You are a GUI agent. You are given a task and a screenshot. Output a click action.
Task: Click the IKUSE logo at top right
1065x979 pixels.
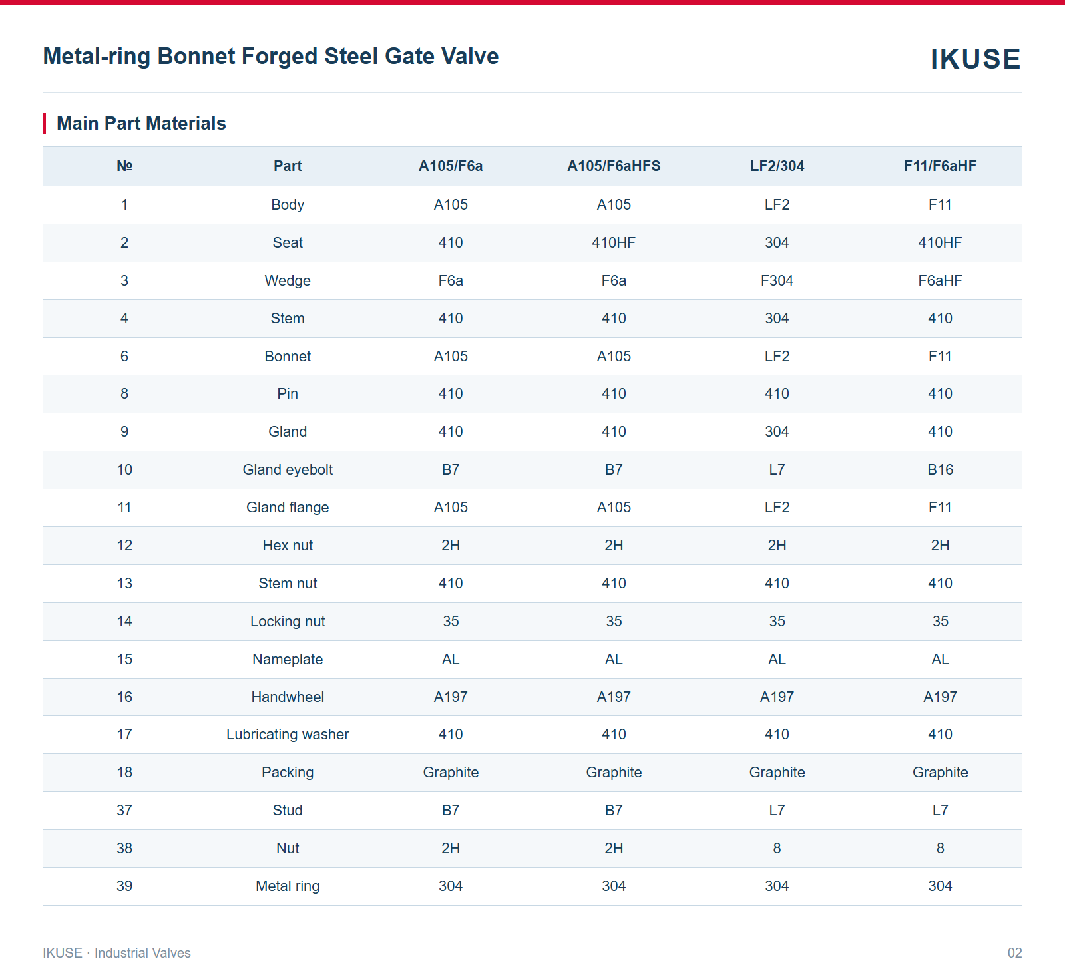(975, 59)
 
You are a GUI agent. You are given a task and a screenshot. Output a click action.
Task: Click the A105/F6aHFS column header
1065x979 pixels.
(614, 166)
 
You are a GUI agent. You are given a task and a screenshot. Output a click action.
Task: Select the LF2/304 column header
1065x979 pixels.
(777, 166)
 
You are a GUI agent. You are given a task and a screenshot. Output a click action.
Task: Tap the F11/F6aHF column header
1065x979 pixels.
(940, 166)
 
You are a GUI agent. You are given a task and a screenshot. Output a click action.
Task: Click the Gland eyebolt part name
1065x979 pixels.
(288, 470)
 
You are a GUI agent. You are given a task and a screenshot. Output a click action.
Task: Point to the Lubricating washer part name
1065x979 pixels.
(288, 735)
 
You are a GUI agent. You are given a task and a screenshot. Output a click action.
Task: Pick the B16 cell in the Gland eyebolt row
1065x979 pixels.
(940, 470)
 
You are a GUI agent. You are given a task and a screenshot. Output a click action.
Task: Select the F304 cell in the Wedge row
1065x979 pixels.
(777, 281)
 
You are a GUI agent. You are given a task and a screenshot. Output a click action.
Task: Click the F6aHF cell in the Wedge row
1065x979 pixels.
(940, 281)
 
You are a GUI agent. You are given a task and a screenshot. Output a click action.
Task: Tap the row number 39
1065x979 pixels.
(124, 886)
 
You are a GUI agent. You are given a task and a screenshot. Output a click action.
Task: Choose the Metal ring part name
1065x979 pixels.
(288, 886)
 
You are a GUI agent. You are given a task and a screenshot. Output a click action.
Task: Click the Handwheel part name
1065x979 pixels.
(288, 697)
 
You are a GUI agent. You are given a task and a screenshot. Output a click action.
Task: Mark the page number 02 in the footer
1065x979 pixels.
(1014, 953)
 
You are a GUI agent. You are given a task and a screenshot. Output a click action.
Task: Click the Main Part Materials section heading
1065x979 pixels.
(141, 124)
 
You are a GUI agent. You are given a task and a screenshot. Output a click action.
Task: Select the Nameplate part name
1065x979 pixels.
(288, 660)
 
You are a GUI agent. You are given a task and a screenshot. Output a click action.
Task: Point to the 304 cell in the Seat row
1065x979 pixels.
(777, 243)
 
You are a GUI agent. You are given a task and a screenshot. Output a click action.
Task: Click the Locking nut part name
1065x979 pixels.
(288, 622)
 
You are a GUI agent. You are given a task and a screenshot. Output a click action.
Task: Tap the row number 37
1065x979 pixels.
(124, 811)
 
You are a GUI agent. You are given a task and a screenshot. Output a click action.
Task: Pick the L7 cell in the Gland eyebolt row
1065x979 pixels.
(777, 470)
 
